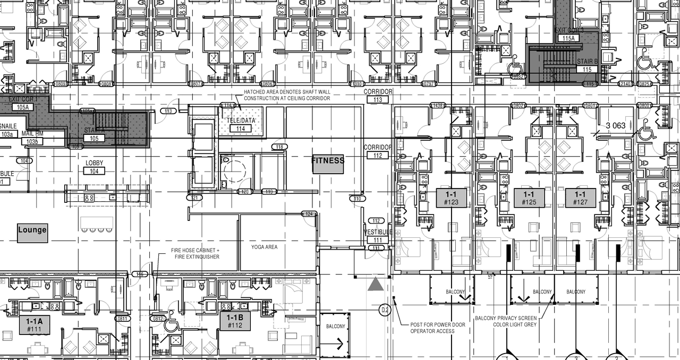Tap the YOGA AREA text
(264, 247)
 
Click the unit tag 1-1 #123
(452, 198)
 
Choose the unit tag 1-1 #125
(529, 198)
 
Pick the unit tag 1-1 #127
(580, 198)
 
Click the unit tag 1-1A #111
(35, 324)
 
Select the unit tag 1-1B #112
(235, 321)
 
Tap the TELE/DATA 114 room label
(240, 124)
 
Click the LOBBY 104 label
(94, 167)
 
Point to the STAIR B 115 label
(587, 65)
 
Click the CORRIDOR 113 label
(378, 96)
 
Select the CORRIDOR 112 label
(378, 151)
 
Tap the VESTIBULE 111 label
(377, 236)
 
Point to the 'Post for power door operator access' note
(432, 328)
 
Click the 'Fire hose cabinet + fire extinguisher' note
(195, 253)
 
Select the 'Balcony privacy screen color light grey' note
(505, 321)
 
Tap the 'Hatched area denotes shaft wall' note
(287, 95)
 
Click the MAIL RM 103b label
(32, 139)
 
